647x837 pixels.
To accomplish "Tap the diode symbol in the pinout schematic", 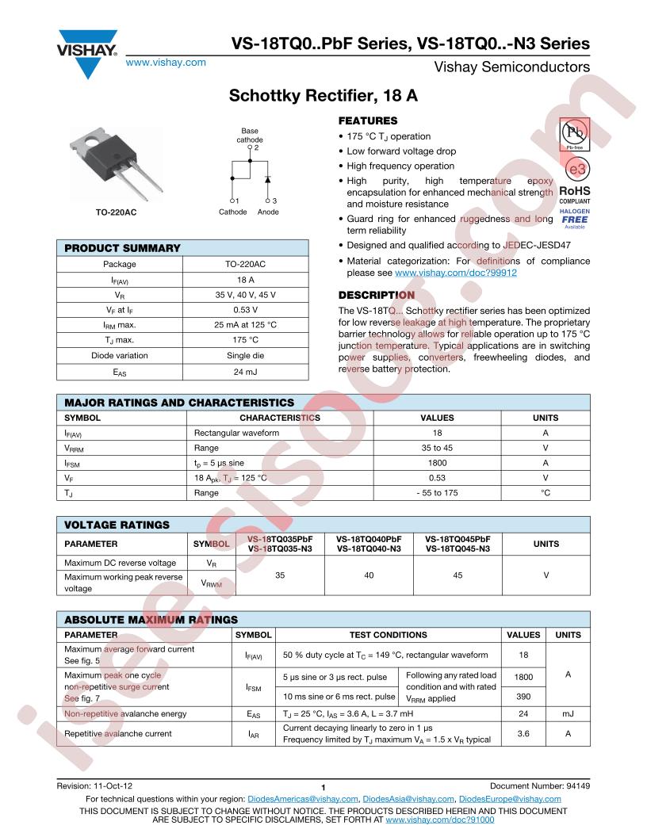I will (267, 172).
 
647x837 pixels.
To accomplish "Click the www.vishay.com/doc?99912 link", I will (455, 272).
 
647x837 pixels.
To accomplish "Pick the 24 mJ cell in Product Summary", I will (244, 370).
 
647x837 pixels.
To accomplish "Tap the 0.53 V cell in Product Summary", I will (244, 310).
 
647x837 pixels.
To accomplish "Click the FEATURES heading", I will (368, 121).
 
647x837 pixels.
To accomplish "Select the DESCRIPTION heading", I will (377, 295).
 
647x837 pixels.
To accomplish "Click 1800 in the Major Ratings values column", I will (437, 463).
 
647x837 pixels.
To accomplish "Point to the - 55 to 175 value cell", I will (437, 493).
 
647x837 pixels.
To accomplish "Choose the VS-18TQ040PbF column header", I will (369, 539).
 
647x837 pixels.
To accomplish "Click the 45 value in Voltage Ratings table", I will (457, 575).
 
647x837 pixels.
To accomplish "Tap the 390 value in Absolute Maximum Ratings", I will (523, 695).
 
